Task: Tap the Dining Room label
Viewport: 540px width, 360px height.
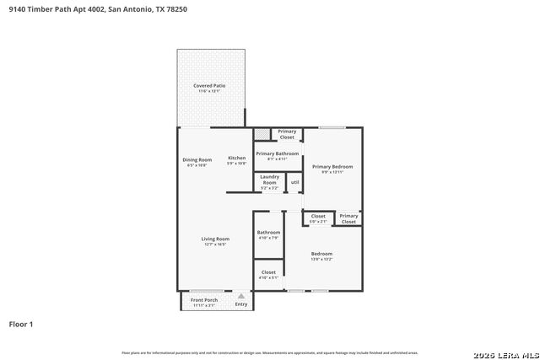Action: [197, 161]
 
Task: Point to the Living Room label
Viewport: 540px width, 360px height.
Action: [215, 240]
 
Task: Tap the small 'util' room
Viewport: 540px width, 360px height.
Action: [294, 182]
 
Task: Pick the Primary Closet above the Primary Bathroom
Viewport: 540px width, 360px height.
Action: [287, 134]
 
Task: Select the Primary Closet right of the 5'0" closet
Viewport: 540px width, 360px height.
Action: [348, 218]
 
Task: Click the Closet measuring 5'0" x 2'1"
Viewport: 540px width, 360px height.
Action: [318, 218]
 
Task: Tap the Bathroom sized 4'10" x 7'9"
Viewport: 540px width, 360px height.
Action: [268, 234]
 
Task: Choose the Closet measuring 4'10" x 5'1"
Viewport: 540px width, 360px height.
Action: [268, 274]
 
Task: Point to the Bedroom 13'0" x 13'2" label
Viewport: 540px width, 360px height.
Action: [321, 255]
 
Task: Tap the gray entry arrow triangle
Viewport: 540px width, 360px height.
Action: [241, 296]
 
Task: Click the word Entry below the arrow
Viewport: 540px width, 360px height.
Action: [241, 304]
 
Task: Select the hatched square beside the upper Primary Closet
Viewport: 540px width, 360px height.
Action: [262, 134]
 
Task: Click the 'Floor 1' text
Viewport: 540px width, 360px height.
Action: [21, 324]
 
